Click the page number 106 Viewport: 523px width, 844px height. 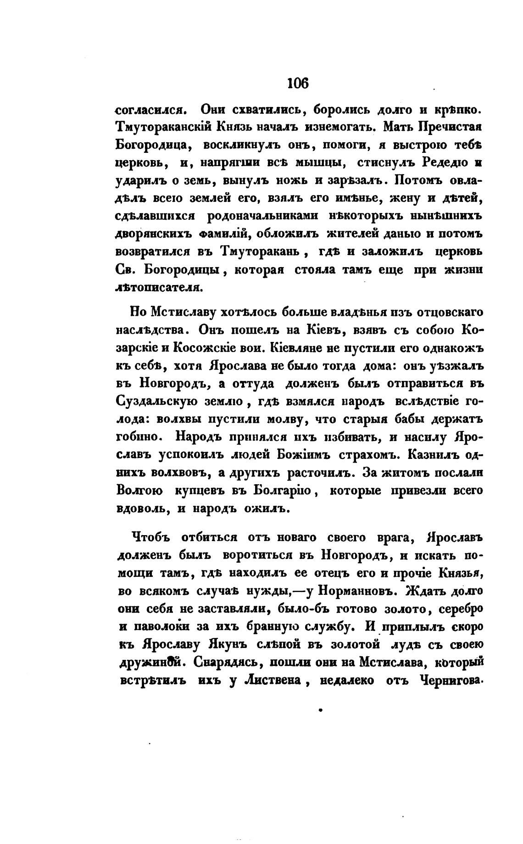click(x=298, y=84)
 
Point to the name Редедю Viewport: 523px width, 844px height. click(x=433, y=163)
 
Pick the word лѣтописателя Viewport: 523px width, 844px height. click(x=158, y=288)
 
